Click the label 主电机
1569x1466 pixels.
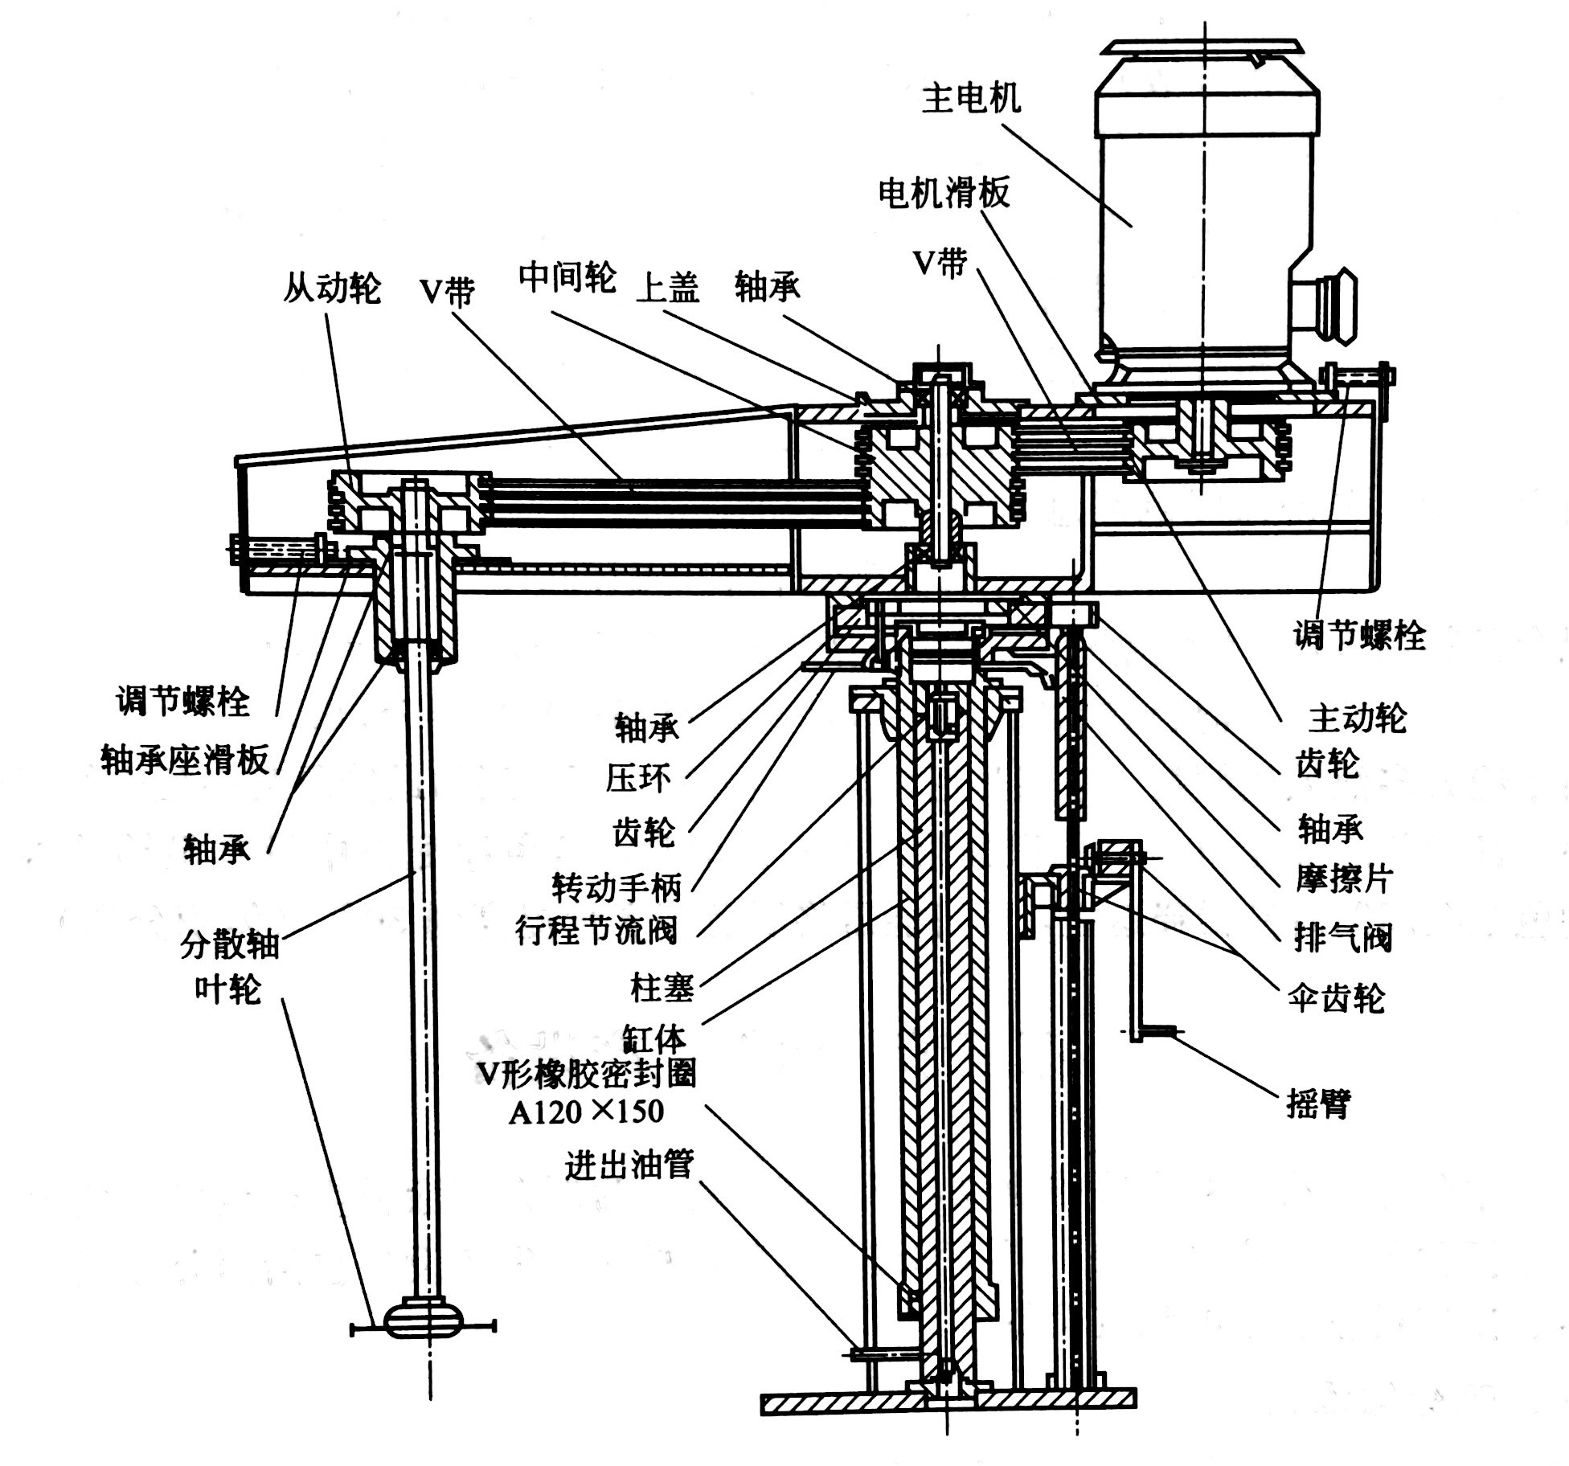pyautogui.click(x=971, y=100)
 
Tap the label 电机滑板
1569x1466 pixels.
pyautogui.click(x=944, y=193)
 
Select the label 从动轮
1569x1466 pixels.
pyautogui.click(x=331, y=288)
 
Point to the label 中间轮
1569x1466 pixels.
pyautogui.click(x=567, y=277)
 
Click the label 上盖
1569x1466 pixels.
pyautogui.click(x=668, y=288)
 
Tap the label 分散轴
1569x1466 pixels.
pyautogui.click(x=230, y=945)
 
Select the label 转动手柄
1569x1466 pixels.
pyautogui.click(x=617, y=887)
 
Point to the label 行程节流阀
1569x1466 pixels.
pyautogui.click(x=596, y=931)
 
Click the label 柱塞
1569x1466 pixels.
pyautogui.click(x=662, y=989)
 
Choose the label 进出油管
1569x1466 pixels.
pyautogui.click(x=629, y=1165)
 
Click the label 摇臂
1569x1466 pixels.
pyautogui.click(x=1318, y=1105)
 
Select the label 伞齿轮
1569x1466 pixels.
pyautogui.click(x=1336, y=998)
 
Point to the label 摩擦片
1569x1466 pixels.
pyautogui.click(x=1343, y=880)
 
